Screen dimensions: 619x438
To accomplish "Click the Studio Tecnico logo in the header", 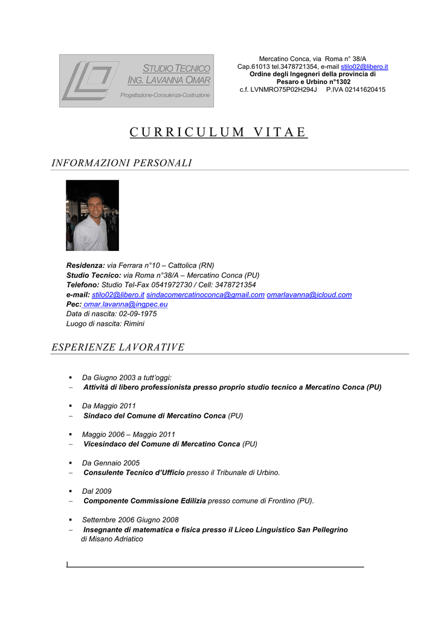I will (x=137, y=80).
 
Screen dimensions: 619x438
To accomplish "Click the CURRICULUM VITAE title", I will (x=219, y=132).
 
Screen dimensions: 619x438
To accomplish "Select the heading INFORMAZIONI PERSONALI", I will (x=121, y=163).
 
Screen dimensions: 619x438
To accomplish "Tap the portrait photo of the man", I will (x=92, y=215).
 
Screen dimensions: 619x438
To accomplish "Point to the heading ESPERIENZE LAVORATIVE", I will (x=118, y=347).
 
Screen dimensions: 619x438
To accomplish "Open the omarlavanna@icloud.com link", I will (x=309, y=294).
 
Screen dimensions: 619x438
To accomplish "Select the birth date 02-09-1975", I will (x=138, y=314).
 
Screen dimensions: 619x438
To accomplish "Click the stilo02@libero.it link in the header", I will (x=364, y=66).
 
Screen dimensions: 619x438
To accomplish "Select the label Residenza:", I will (x=85, y=265).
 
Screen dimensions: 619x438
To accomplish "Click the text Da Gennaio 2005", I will (x=111, y=463).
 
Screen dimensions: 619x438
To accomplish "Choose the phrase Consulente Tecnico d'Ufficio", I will (x=134, y=473).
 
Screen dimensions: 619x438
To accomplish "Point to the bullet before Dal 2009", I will (x=70, y=491).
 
